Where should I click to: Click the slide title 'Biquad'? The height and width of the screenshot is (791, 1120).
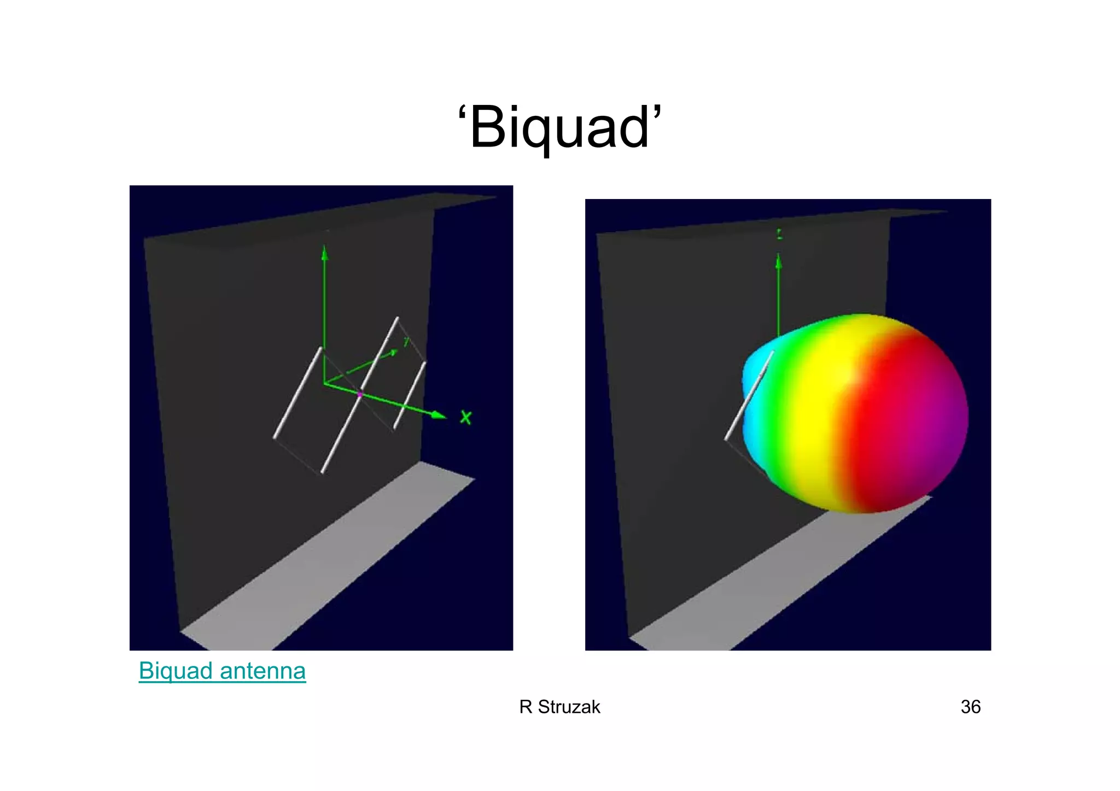[559, 127]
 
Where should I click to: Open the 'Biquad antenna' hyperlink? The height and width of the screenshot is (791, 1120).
[222, 671]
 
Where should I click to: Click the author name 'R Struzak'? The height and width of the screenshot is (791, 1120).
[559, 707]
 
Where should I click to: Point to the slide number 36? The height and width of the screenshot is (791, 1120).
[971, 707]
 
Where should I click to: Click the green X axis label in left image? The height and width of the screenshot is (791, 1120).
[465, 418]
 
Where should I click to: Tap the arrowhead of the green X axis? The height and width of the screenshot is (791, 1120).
[439, 415]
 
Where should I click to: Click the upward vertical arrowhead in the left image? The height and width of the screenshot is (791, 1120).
[325, 253]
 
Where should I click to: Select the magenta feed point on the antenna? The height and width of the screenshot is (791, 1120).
[360, 394]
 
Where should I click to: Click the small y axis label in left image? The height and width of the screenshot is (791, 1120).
[406, 342]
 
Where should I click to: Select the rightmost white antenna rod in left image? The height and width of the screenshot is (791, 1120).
[410, 395]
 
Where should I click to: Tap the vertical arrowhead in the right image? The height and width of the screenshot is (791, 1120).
[779, 263]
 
